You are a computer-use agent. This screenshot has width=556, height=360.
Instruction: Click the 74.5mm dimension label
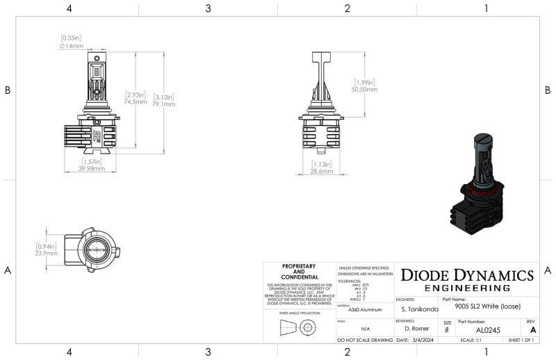coord(136,101)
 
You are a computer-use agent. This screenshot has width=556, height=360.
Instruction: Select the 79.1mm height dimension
coord(164,104)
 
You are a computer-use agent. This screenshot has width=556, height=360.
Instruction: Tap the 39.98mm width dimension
coord(91,168)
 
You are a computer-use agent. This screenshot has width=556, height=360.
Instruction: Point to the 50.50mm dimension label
coord(365,89)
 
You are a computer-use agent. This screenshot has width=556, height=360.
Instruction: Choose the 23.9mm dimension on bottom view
coord(47,253)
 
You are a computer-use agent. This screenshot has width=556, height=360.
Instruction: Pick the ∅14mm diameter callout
coord(72,46)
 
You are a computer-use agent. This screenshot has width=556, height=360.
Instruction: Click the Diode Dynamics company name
coord(466,275)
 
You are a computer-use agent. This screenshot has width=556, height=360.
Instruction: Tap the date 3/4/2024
coord(421,341)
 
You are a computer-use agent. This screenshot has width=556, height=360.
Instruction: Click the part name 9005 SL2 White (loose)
coord(487,306)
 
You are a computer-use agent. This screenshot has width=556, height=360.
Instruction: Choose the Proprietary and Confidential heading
coord(299,271)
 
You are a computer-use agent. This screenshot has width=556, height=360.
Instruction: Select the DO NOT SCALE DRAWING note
coord(365,341)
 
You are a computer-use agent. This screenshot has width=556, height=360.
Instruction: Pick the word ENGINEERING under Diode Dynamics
coord(466,288)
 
